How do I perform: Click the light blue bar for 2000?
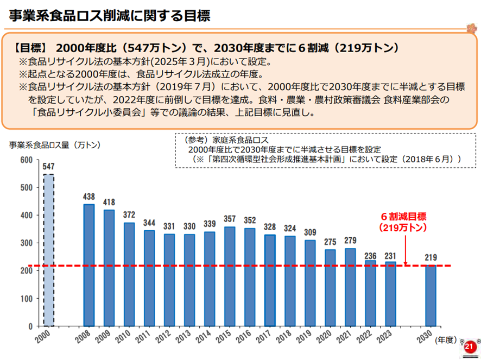(49, 250)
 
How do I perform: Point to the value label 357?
(230, 219)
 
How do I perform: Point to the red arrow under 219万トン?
(405, 250)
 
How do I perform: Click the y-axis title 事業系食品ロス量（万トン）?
(54, 144)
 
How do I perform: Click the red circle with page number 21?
(470, 346)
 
